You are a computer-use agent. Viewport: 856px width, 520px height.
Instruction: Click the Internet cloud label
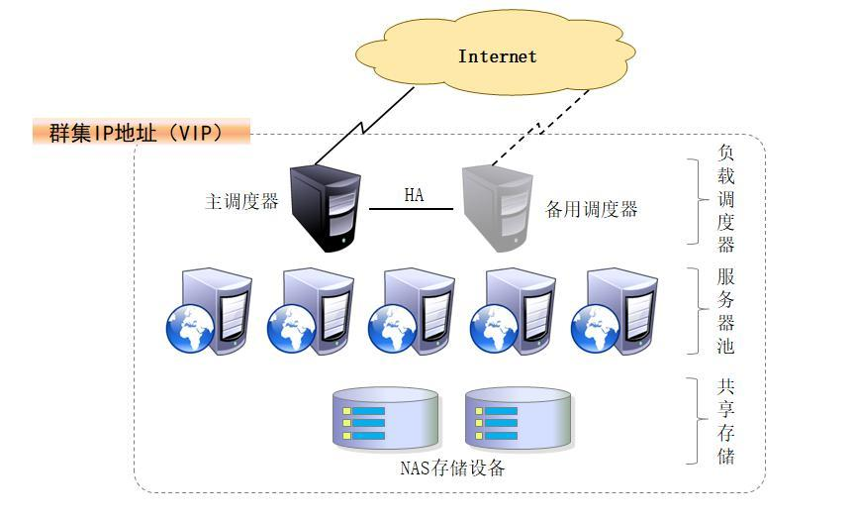pos(497,56)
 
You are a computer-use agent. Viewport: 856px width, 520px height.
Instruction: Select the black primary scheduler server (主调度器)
pos(323,208)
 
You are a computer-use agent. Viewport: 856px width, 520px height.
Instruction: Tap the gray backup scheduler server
pos(497,208)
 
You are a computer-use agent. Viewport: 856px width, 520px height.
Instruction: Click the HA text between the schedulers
pos(414,195)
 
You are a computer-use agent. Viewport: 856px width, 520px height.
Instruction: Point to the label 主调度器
pos(241,202)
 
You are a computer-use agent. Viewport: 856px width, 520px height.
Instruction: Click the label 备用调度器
pos(592,209)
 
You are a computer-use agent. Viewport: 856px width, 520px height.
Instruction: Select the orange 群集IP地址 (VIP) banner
pos(139,132)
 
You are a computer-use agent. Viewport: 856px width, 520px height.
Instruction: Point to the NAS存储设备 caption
pos(452,468)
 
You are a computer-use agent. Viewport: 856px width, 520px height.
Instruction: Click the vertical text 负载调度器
pos(726,199)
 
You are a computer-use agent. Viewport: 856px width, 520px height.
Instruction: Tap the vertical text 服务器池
pos(726,311)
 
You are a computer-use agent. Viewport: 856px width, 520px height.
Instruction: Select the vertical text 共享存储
pos(726,421)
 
